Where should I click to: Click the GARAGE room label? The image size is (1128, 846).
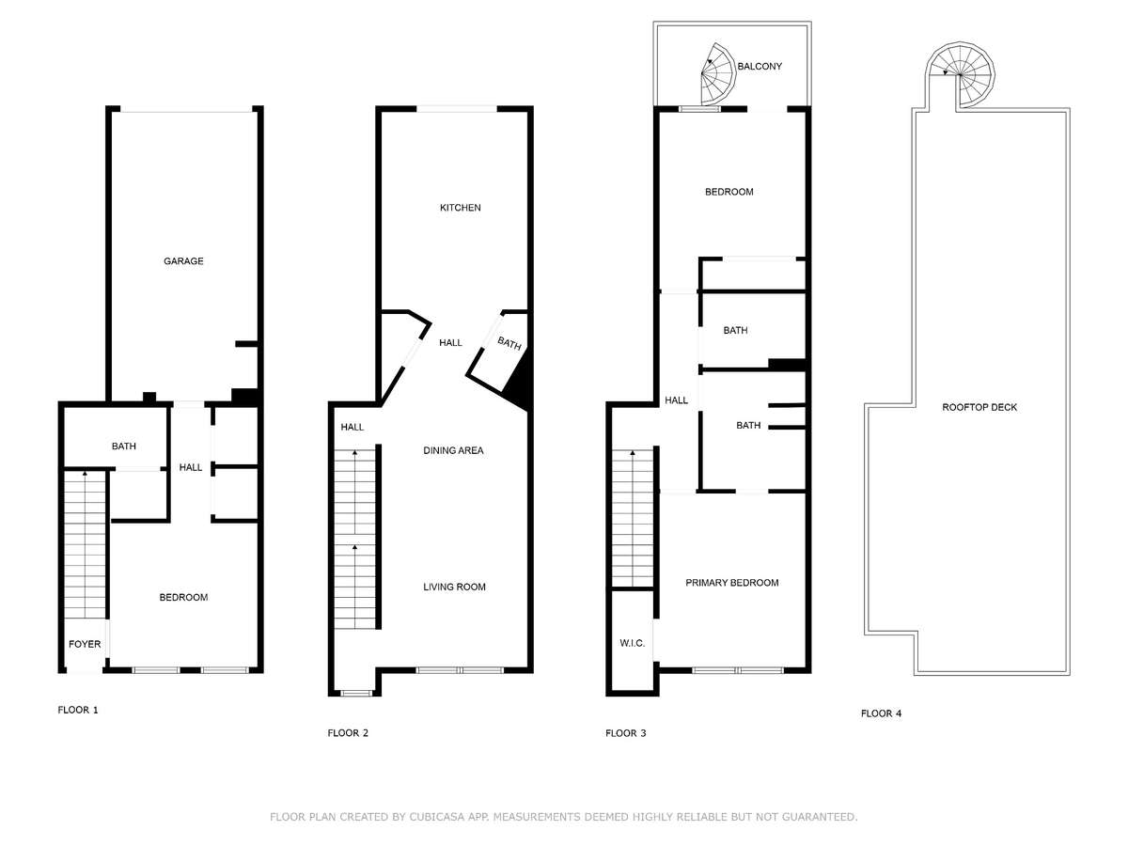pyautogui.click(x=183, y=261)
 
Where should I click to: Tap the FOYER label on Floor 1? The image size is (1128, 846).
pyautogui.click(x=85, y=644)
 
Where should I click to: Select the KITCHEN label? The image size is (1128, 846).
pyautogui.click(x=461, y=208)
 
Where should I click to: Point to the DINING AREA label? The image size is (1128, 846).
pyautogui.click(x=453, y=450)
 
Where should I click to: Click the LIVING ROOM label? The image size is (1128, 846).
pyautogui.click(x=454, y=587)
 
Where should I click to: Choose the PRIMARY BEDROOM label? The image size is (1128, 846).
pyautogui.click(x=731, y=583)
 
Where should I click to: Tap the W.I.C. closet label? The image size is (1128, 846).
pyautogui.click(x=632, y=643)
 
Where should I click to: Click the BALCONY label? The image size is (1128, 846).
pyautogui.click(x=760, y=66)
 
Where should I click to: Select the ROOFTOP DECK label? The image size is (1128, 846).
pyautogui.click(x=979, y=407)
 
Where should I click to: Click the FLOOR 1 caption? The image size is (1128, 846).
pyautogui.click(x=78, y=710)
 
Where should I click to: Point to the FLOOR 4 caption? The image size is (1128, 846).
pyautogui.click(x=881, y=713)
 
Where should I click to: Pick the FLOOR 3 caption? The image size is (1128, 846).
pyautogui.click(x=625, y=733)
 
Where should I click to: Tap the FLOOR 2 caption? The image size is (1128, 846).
pyautogui.click(x=348, y=733)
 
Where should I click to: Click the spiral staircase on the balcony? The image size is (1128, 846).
pyautogui.click(x=718, y=74)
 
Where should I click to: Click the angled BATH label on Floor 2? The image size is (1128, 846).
pyautogui.click(x=509, y=343)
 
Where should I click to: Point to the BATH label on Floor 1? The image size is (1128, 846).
pyautogui.click(x=124, y=446)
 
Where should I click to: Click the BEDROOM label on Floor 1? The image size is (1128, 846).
pyautogui.click(x=183, y=598)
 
